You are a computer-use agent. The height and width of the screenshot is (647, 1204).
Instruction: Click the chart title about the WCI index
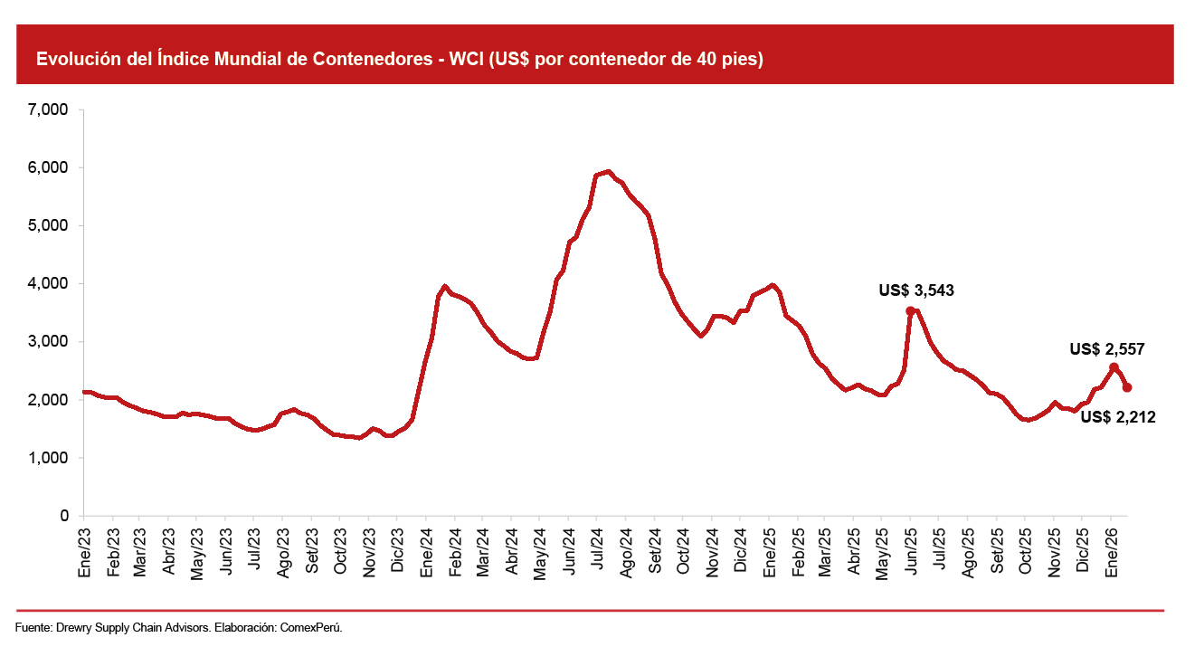coord(400,60)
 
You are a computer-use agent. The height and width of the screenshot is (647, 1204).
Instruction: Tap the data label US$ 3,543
coord(916,291)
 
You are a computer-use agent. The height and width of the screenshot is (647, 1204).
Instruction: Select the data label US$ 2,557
coord(1107,348)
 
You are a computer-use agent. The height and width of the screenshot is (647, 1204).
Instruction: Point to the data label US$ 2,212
coord(1117,417)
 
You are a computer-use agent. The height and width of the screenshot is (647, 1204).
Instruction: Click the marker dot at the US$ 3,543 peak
coord(910,310)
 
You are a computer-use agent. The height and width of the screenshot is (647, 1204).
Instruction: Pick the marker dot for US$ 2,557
coord(1114,367)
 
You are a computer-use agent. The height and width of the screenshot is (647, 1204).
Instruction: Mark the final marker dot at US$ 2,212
coord(1127,387)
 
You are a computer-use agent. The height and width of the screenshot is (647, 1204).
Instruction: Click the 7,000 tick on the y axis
coord(50,110)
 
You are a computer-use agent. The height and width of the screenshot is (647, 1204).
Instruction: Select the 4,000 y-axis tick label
coord(50,284)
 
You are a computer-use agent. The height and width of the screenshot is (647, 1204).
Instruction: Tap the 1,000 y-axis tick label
coord(50,458)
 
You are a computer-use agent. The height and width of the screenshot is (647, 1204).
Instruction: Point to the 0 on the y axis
coord(64,516)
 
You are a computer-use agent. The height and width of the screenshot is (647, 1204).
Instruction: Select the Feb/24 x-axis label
coord(456,546)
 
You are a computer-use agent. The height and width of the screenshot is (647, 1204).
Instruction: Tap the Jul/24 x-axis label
coord(597,546)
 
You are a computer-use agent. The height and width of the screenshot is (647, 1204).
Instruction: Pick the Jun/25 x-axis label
coord(910,546)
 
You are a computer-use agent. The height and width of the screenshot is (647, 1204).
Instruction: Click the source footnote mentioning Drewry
coord(179,627)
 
